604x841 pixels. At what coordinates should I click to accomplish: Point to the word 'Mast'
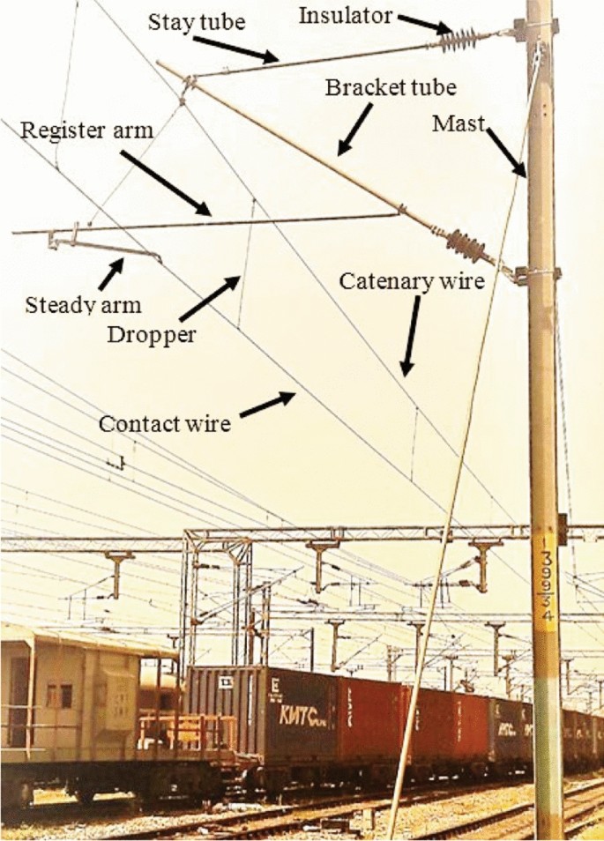coord(458,125)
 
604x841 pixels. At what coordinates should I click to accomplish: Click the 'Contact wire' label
coord(165,424)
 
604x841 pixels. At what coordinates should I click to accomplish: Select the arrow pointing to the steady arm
coord(110,274)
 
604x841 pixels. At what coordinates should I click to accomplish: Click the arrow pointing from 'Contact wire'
coord(268,406)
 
